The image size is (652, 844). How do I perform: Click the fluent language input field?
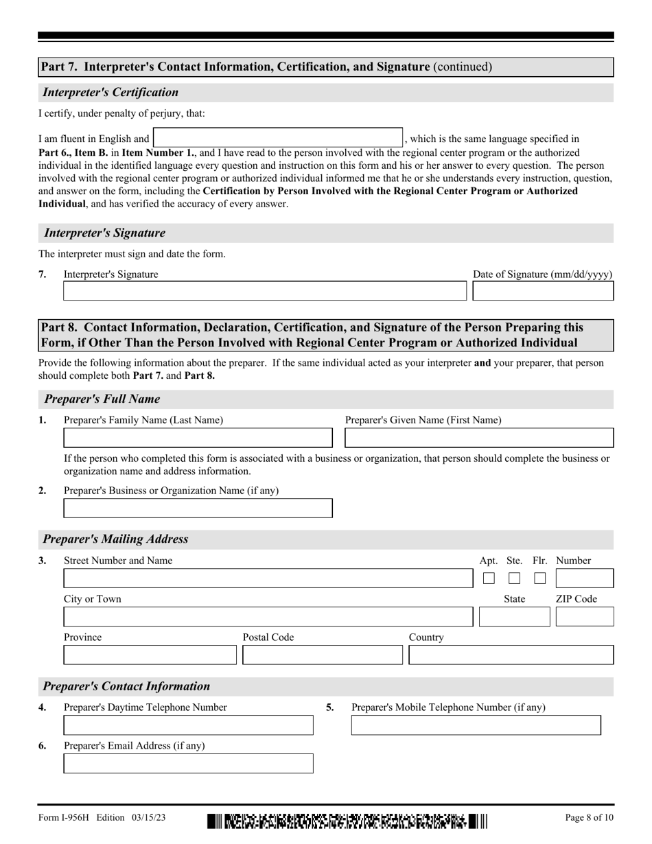(277, 137)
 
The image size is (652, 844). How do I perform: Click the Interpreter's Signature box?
(264, 291)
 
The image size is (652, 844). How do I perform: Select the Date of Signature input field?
(543, 291)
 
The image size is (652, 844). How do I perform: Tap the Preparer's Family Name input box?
(198, 438)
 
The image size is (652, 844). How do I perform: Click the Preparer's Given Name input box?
(479, 438)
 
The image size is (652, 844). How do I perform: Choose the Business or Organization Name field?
(198, 508)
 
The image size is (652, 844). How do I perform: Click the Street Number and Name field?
(268, 578)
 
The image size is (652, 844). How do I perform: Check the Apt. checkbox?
(489, 578)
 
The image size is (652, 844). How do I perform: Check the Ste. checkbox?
(514, 578)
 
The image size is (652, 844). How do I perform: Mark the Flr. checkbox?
(539, 578)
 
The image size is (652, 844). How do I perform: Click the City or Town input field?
(268, 617)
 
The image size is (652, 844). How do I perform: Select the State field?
(514, 617)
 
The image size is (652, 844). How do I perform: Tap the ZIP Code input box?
(584, 617)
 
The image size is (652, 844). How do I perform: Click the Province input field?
(150, 655)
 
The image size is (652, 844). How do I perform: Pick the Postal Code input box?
(323, 655)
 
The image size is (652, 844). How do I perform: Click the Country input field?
(511, 655)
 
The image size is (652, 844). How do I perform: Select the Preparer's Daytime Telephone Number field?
(188, 725)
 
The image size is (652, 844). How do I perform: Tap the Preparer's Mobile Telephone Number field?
(476, 725)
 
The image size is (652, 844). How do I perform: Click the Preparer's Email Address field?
(188, 764)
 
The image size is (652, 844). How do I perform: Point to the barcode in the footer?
(347, 821)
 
